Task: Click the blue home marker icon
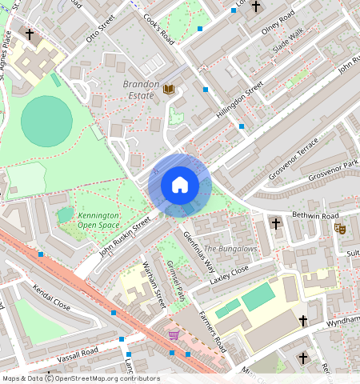tap(180, 185)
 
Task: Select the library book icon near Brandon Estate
tap(168, 89)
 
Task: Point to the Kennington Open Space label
tap(99, 221)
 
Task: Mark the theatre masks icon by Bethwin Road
tap(339, 228)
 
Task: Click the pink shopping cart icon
tap(174, 334)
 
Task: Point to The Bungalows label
tap(230, 249)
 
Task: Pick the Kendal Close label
tap(51, 296)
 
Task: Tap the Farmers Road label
tap(212, 332)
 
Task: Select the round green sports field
tap(46, 121)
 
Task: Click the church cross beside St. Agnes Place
tap(30, 35)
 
